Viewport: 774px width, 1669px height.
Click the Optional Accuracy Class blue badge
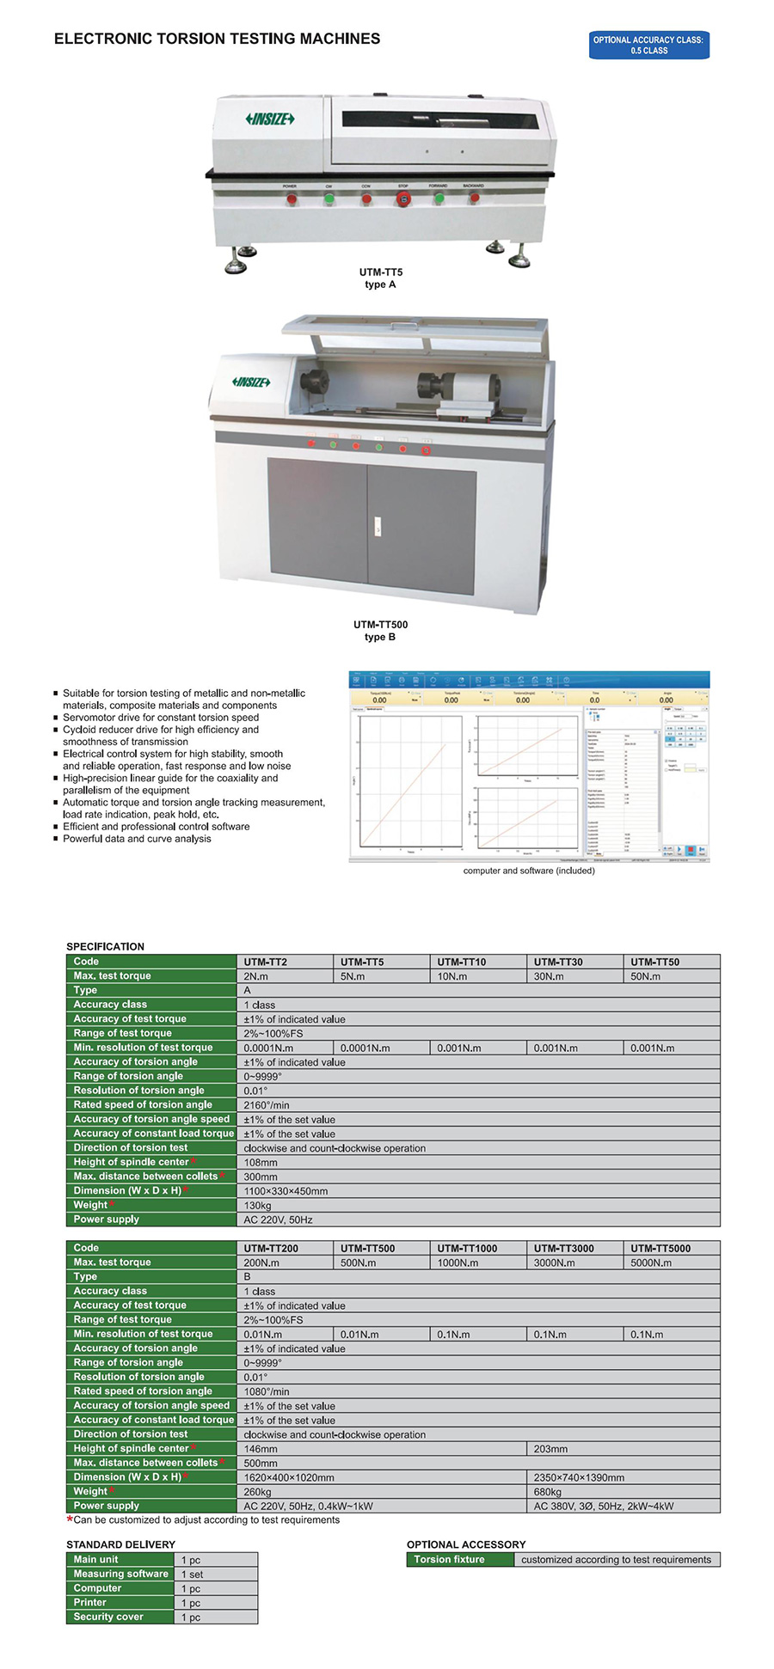pos(648,46)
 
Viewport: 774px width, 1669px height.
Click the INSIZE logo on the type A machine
pos(270,119)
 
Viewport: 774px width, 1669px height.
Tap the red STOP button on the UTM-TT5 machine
pos(402,199)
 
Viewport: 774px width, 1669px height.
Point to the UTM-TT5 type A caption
pos(380,278)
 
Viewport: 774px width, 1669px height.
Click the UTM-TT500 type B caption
pos(380,631)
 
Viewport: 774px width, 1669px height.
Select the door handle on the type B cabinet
pos(377,527)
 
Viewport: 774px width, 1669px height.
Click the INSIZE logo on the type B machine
pos(251,382)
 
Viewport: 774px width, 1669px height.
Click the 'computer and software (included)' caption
pos(529,871)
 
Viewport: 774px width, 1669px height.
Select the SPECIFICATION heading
pos(105,946)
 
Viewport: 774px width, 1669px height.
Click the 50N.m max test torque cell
pos(646,976)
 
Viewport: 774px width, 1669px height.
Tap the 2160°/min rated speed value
pos(267,1105)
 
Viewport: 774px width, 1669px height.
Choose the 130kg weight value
pos(257,1206)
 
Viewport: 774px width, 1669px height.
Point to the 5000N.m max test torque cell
pos(651,1262)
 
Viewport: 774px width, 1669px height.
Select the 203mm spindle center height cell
pos(550,1449)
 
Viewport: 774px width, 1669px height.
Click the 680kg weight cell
pos(547,1492)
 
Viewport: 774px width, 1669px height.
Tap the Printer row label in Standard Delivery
pos(90,1602)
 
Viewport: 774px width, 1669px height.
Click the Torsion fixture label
pos(449,1559)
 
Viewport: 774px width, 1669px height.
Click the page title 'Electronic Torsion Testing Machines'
pos(217,39)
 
